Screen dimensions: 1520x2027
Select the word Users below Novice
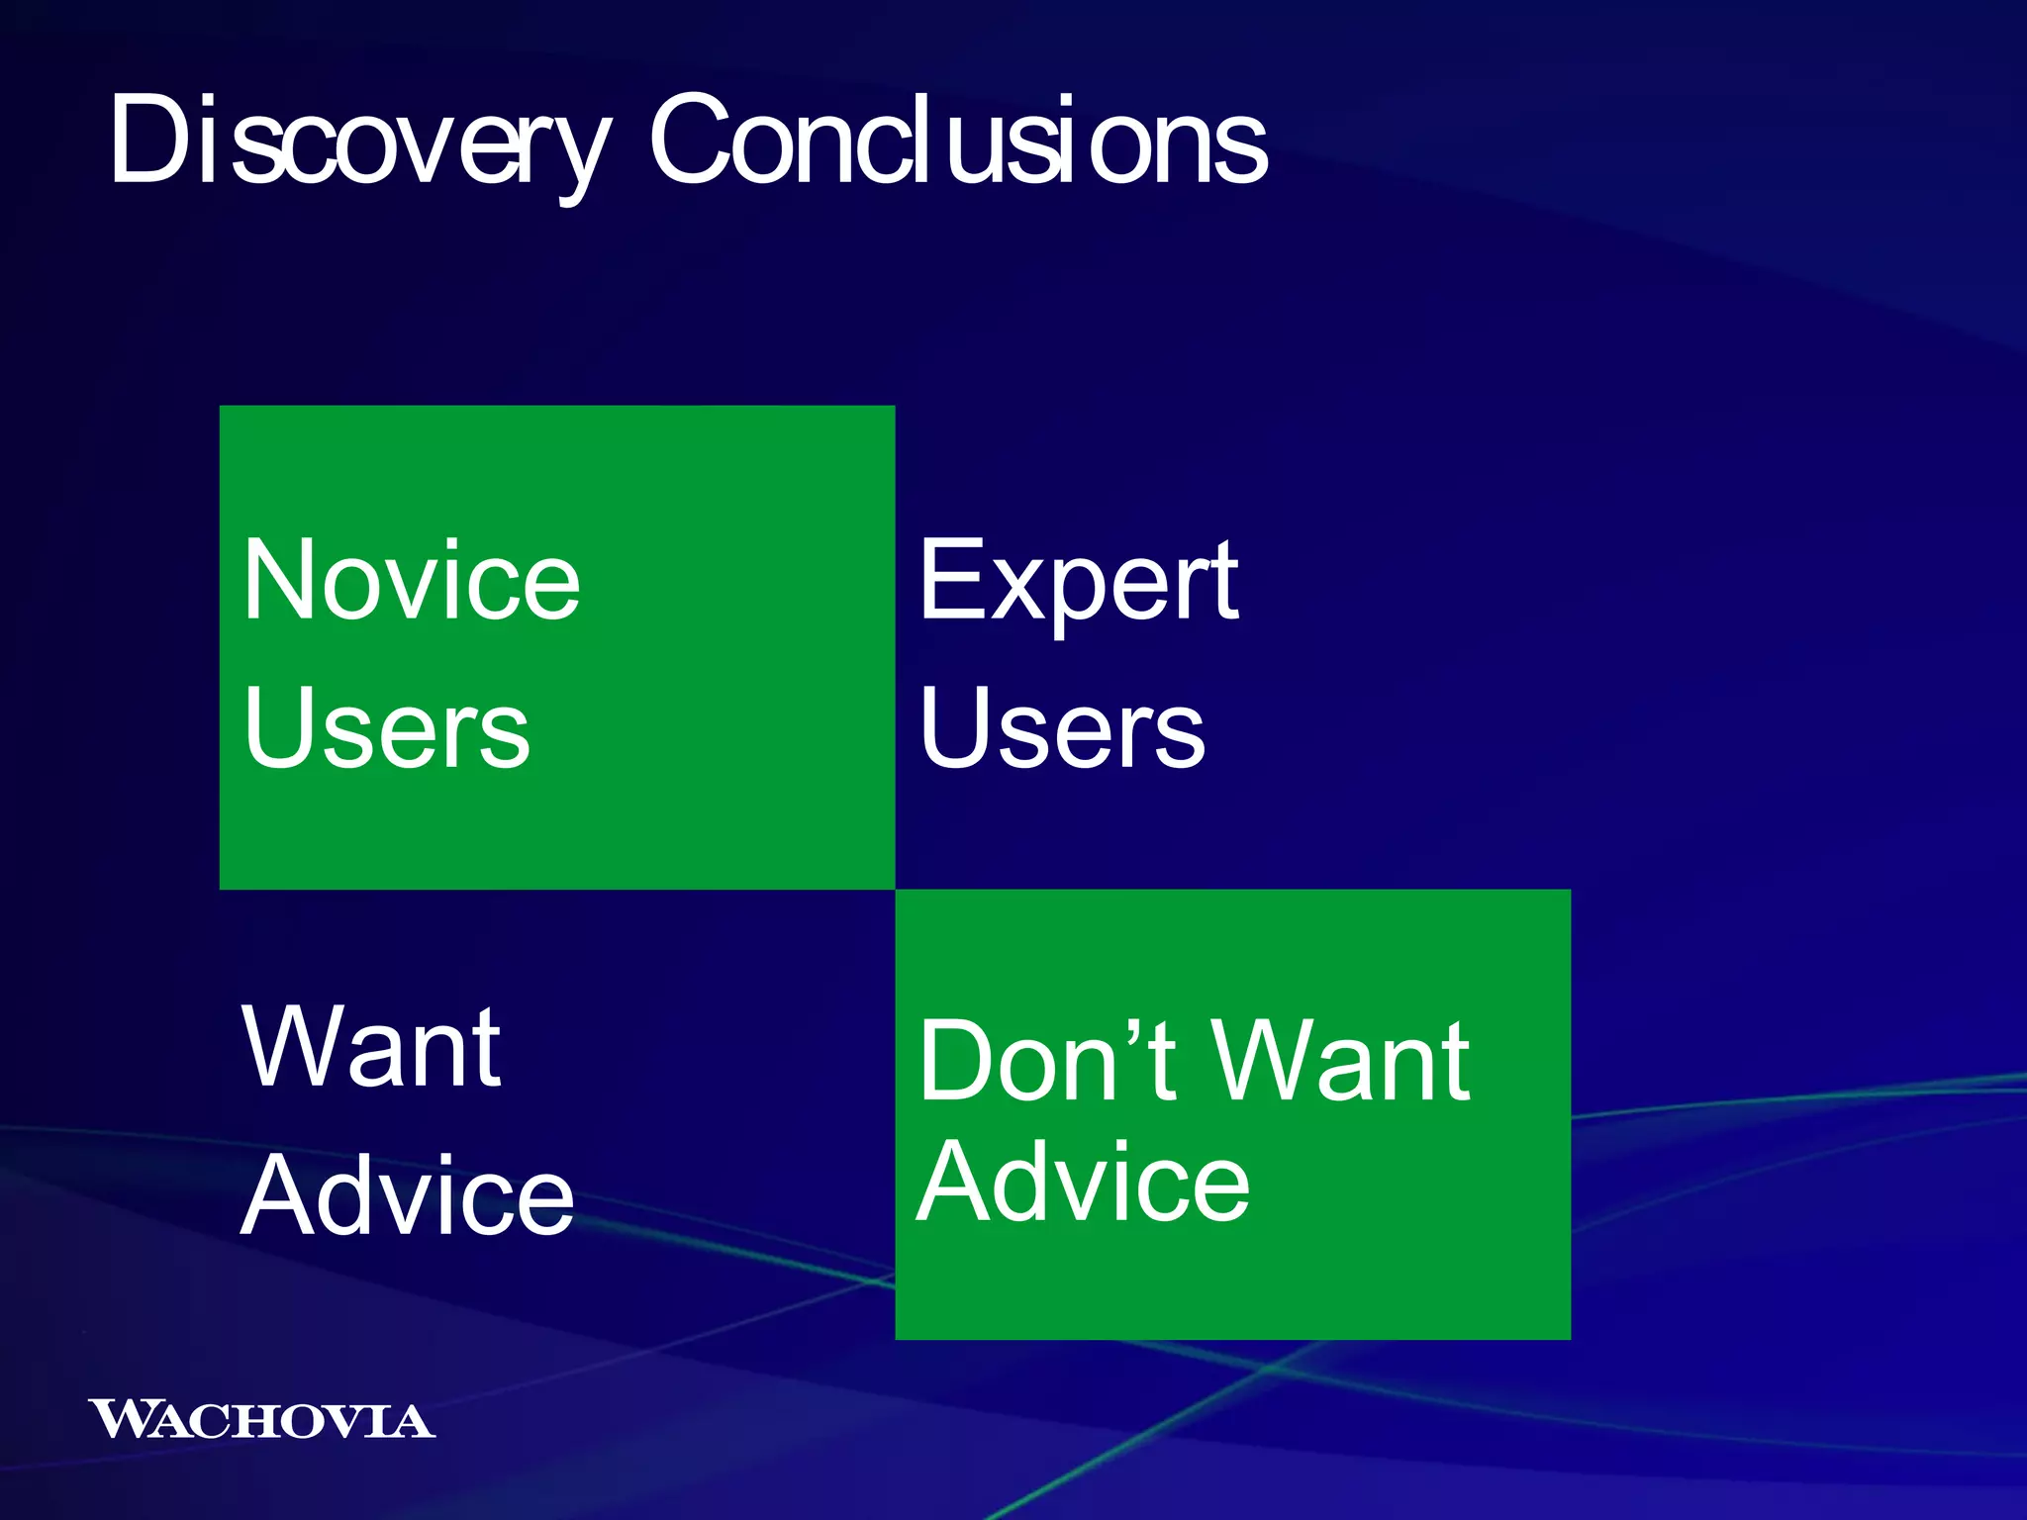[x=386, y=728]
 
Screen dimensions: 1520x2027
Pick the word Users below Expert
[x=1061, y=728]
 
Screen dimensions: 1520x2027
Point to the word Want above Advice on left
[x=371, y=1047]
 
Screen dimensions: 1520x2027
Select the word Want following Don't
[x=1341, y=1061]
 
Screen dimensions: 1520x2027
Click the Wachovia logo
[x=260, y=1419]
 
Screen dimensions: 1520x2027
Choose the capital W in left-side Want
[x=293, y=1047]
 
